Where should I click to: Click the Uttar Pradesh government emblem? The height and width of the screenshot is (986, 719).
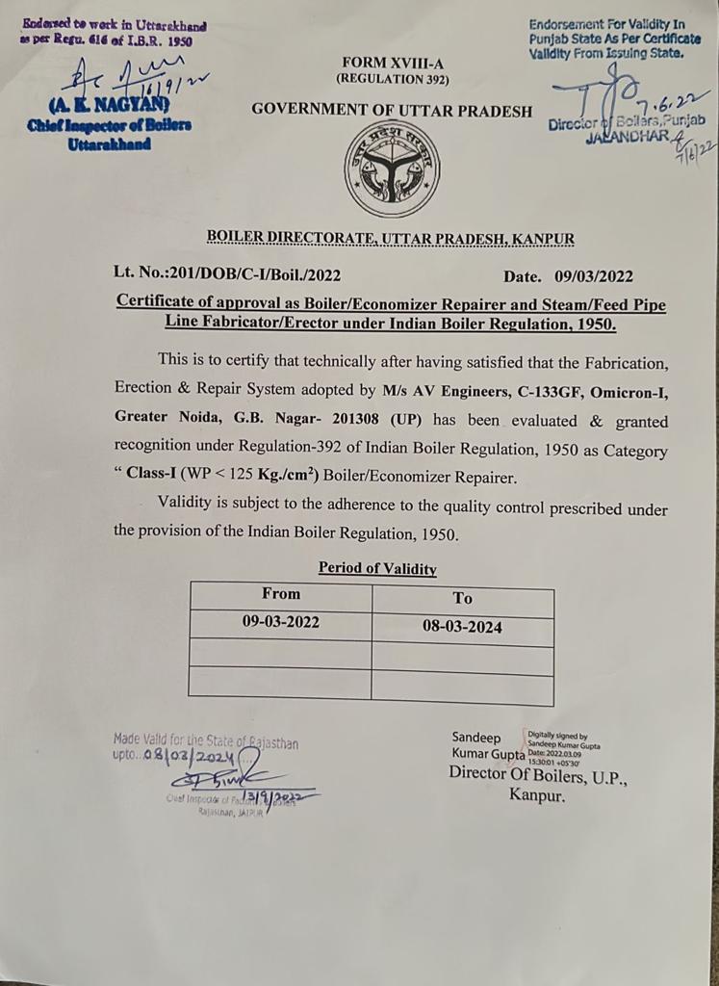click(391, 170)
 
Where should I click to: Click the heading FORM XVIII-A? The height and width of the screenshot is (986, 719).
click(391, 63)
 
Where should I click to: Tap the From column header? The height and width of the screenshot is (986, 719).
click(280, 594)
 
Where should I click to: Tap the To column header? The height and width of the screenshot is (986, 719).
click(462, 598)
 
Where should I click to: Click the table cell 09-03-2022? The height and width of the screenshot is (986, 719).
click(280, 622)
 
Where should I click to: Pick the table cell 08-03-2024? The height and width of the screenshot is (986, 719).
click(462, 627)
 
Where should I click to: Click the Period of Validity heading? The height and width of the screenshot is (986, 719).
click(377, 568)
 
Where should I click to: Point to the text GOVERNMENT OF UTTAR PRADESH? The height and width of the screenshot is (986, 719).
click(392, 110)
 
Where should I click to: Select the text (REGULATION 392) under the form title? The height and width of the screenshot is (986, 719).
click(391, 79)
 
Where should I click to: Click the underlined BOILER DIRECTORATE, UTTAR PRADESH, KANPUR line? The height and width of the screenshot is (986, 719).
click(391, 238)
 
